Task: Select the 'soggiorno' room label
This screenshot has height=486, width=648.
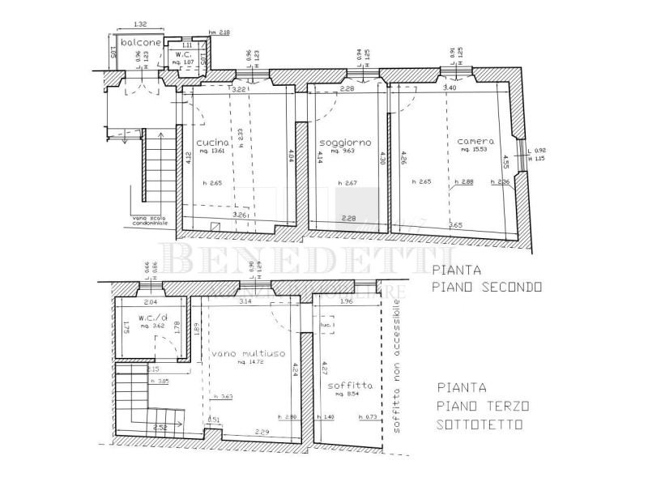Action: click(x=339, y=141)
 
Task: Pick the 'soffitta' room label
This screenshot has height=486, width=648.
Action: click(x=351, y=387)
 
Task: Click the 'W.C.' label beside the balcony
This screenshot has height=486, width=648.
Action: click(x=185, y=53)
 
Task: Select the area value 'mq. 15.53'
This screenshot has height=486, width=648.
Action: click(x=475, y=150)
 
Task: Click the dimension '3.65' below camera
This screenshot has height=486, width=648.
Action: click(x=455, y=224)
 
